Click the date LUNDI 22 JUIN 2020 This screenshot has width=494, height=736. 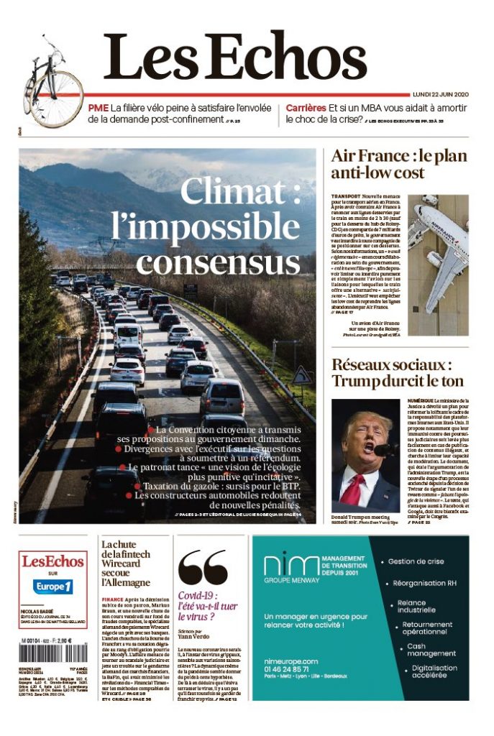[440, 94]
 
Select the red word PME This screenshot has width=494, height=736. [99, 108]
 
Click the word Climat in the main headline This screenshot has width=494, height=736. [238, 192]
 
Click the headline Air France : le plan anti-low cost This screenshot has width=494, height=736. [398, 164]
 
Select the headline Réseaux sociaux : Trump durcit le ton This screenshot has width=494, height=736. [397, 372]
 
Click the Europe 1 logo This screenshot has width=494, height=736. [53, 586]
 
